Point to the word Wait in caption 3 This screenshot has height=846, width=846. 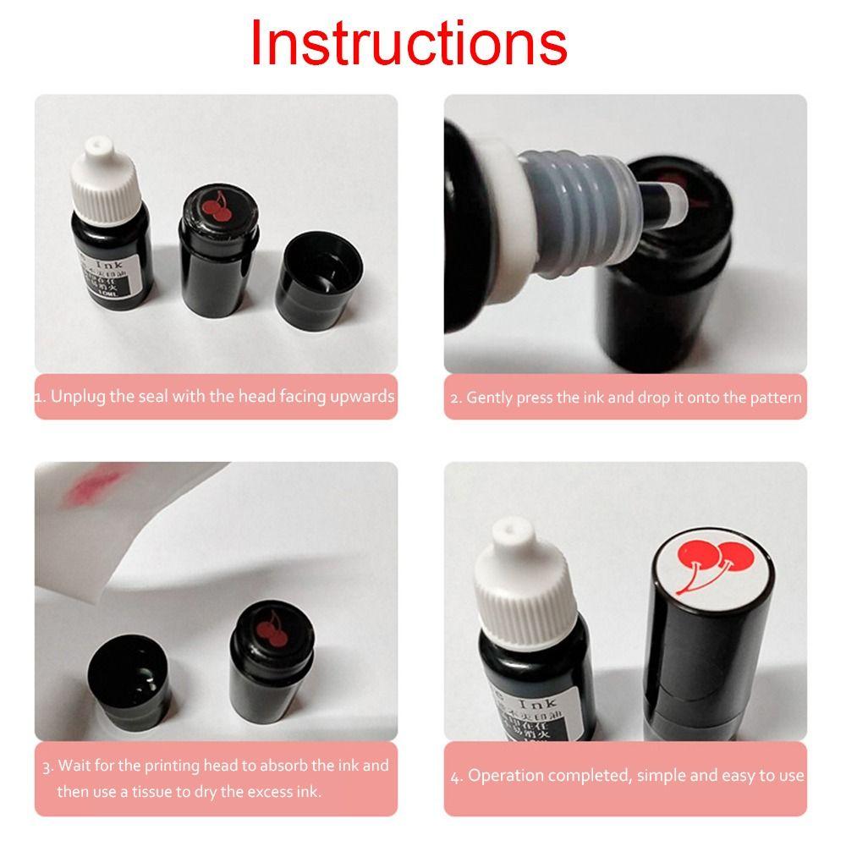point(73,766)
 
